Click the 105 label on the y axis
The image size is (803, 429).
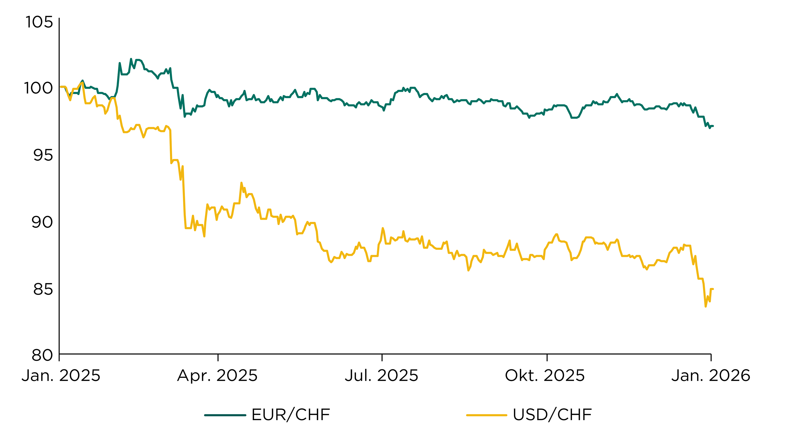[x=39, y=22]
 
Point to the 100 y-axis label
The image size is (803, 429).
[x=39, y=88]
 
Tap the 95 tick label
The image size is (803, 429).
[x=43, y=155]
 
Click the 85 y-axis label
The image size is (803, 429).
[x=43, y=289]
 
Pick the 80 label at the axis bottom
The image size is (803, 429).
[x=42, y=355]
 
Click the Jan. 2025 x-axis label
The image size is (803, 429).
[x=61, y=375]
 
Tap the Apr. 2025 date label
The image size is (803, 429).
[x=217, y=375]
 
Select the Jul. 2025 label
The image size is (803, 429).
[x=381, y=375]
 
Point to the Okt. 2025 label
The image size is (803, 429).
[x=545, y=375]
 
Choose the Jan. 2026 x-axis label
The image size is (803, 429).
[x=711, y=375]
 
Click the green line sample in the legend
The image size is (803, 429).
[x=225, y=415]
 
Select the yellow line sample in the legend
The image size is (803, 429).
[x=487, y=415]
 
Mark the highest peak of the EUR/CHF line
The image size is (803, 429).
[x=131, y=59]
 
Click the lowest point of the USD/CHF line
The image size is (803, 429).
[x=705, y=306]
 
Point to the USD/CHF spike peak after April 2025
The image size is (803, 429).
[x=241, y=183]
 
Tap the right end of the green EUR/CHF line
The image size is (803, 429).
[x=713, y=126]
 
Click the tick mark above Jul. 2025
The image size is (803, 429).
[x=382, y=357]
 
